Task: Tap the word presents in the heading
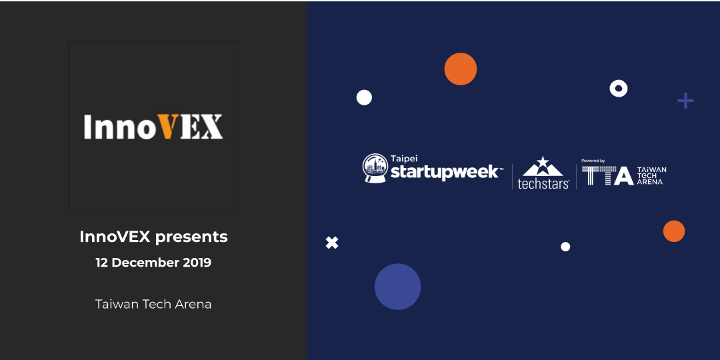pos(197,237)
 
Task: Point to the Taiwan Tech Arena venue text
pos(153,304)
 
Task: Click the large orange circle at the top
pos(461,69)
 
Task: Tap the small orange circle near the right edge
pos(674,231)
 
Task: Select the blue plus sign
pos(685,101)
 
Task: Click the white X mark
pos(332,243)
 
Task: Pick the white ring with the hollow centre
pos(619,88)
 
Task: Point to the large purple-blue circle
pos(397,287)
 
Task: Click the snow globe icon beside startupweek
pos(375,168)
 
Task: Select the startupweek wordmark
pos(444,173)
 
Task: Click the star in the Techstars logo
pos(543,162)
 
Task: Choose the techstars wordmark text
pos(543,184)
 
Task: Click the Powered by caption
pos(593,161)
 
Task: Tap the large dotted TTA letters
pos(607,175)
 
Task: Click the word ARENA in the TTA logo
pos(650,181)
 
